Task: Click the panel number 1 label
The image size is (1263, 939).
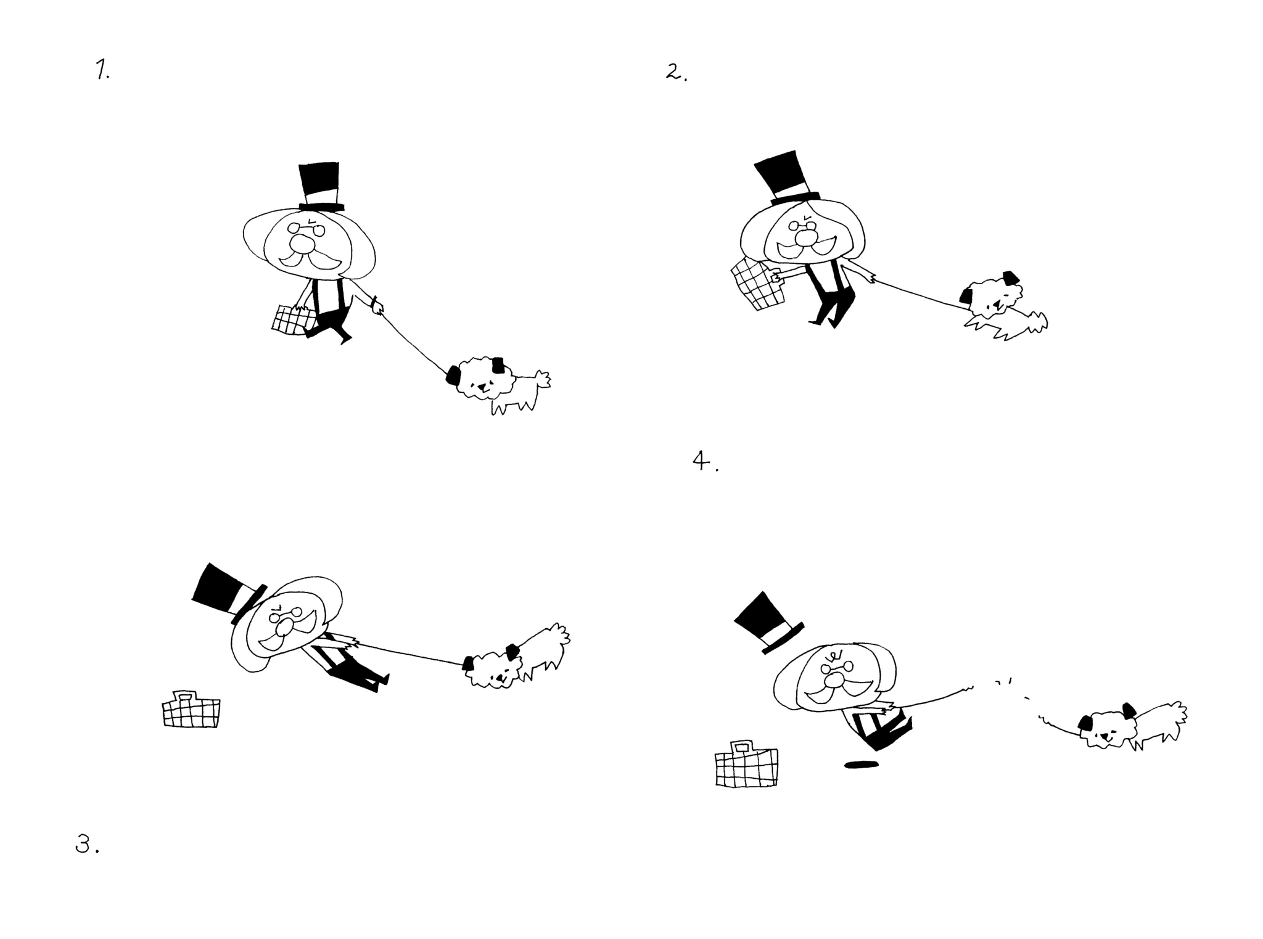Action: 102,71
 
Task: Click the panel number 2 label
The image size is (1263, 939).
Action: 677,73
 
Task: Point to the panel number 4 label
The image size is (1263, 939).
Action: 706,461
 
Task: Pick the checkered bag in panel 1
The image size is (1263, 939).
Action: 294,320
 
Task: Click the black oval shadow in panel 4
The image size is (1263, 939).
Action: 862,765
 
